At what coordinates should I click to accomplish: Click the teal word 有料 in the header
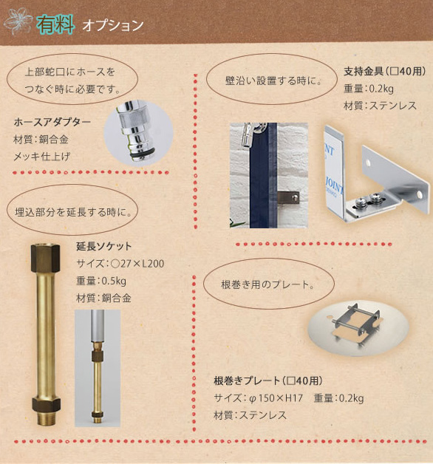click(x=55, y=24)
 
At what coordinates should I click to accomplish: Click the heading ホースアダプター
click(x=52, y=122)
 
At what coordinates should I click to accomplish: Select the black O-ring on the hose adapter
click(x=142, y=153)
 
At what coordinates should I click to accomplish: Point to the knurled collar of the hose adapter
click(x=131, y=120)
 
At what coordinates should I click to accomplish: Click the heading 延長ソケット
click(x=104, y=246)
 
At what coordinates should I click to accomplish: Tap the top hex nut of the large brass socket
click(x=45, y=257)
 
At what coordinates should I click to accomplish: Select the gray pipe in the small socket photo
click(x=98, y=326)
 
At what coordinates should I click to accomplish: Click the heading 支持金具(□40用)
click(x=385, y=72)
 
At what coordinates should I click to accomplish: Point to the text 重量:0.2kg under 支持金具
click(x=369, y=89)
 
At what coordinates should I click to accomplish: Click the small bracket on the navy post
click(x=288, y=198)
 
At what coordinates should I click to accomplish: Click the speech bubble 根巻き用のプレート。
click(x=269, y=284)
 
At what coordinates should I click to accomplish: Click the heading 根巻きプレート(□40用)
click(x=268, y=381)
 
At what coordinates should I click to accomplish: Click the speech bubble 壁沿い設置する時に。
click(x=272, y=79)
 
